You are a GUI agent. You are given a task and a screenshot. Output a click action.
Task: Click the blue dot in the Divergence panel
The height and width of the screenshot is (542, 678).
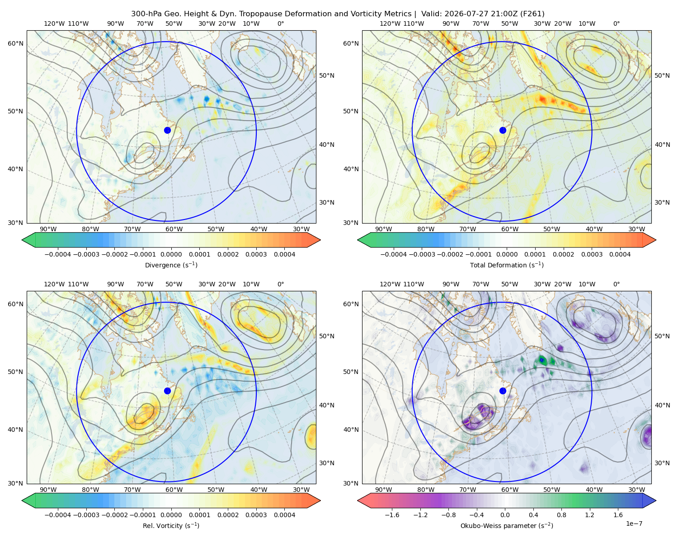click(x=167, y=131)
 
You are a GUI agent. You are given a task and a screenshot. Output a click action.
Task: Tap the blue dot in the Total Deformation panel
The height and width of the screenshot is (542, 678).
click(x=503, y=131)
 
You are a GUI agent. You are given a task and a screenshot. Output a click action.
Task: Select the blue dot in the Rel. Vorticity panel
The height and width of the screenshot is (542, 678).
click(x=167, y=391)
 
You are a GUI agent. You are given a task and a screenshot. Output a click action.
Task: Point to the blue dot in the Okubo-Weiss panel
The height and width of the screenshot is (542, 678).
click(x=503, y=391)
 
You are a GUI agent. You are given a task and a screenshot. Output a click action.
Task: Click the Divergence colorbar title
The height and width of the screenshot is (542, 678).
click(x=171, y=265)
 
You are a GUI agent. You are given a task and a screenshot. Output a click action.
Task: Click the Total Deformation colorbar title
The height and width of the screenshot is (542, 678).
click(x=507, y=265)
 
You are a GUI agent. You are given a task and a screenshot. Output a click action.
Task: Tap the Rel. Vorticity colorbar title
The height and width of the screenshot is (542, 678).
click(x=171, y=526)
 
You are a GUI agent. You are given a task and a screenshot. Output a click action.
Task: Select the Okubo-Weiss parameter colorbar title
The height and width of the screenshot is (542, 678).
click(x=507, y=526)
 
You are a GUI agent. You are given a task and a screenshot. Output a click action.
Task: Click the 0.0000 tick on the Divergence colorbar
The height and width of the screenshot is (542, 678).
click(x=171, y=254)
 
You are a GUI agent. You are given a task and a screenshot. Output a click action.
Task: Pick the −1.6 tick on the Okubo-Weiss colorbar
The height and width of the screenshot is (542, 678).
click(x=392, y=515)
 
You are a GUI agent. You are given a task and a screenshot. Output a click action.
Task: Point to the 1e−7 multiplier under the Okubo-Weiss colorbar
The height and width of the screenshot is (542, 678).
click(x=634, y=523)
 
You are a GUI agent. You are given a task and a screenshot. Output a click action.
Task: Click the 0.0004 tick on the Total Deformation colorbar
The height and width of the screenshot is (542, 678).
click(x=620, y=254)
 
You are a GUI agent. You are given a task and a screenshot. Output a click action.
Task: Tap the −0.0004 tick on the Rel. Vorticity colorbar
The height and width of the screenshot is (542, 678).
click(x=58, y=515)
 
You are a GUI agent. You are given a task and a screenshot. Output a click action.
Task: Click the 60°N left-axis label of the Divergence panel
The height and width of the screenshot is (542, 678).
click(x=15, y=43)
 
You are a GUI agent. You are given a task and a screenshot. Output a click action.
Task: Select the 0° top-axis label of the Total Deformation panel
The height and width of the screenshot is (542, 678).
click(x=616, y=23)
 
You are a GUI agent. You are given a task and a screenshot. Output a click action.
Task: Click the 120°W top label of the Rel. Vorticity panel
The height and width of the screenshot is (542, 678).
click(x=54, y=284)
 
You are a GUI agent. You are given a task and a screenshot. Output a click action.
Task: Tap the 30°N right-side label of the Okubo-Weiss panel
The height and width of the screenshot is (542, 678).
click(x=662, y=463)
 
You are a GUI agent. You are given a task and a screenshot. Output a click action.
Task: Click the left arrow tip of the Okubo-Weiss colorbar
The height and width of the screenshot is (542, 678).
click(x=358, y=500)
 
